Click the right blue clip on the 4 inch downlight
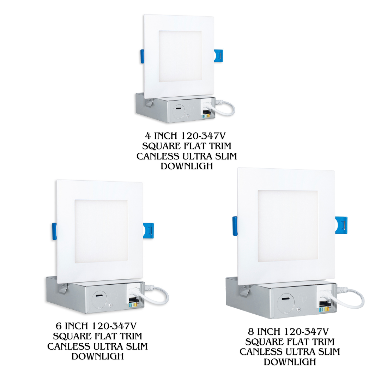tap(218, 56)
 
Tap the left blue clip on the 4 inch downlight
tap(142, 56)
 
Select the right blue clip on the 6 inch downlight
tap(148, 231)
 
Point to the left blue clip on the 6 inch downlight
tap(54, 231)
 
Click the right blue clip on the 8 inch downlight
tap(341, 225)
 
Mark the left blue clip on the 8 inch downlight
tap(235, 226)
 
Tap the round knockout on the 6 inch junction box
tap(99, 300)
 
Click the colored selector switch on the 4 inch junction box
tap(206, 116)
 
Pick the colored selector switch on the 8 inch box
tap(324, 309)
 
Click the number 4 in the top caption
tap(148, 135)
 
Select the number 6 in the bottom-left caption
tap(59, 326)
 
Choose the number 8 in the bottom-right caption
tap(251, 331)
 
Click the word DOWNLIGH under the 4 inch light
tap(187, 166)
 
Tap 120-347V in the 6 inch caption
tap(114, 326)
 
